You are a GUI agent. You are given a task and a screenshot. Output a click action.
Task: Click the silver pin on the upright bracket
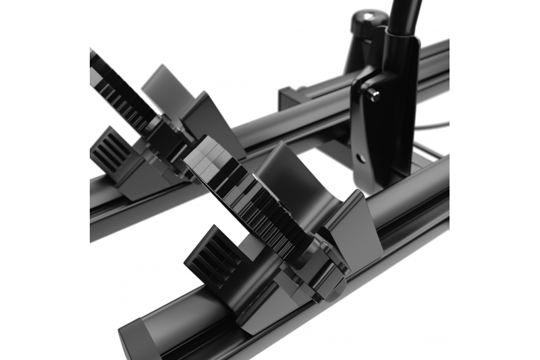point(373,96)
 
